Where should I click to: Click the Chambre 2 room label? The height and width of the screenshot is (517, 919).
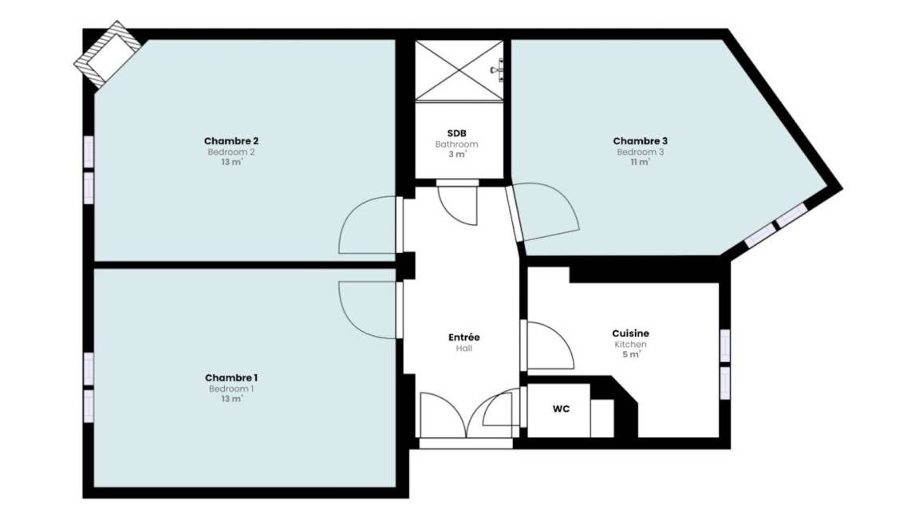pyautogui.click(x=231, y=140)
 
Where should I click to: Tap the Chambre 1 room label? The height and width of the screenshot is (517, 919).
pyautogui.click(x=231, y=378)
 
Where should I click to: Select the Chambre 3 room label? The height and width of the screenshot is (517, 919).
pyautogui.click(x=640, y=140)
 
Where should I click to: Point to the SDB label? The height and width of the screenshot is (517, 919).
pyautogui.click(x=456, y=134)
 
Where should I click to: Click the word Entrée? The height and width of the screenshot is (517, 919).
pyautogui.click(x=464, y=337)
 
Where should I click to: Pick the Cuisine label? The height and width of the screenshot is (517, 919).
pyautogui.click(x=631, y=333)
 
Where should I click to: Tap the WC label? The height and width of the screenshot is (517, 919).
pyautogui.click(x=561, y=408)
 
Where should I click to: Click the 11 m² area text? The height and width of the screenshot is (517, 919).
pyautogui.click(x=640, y=162)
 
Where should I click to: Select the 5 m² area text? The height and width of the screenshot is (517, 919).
pyautogui.click(x=631, y=354)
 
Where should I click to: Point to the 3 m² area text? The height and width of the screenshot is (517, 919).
pyautogui.click(x=457, y=154)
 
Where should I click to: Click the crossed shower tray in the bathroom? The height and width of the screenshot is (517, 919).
pyautogui.click(x=459, y=70)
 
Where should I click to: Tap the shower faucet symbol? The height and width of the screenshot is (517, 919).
pyautogui.click(x=499, y=69)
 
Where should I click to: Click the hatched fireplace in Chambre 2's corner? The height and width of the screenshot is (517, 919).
pyautogui.click(x=107, y=54)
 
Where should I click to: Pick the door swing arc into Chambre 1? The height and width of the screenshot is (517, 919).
pyautogui.click(x=347, y=317)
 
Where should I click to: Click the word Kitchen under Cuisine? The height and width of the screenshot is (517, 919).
pyautogui.click(x=631, y=344)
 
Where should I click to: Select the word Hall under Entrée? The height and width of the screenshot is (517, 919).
pyautogui.click(x=464, y=348)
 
